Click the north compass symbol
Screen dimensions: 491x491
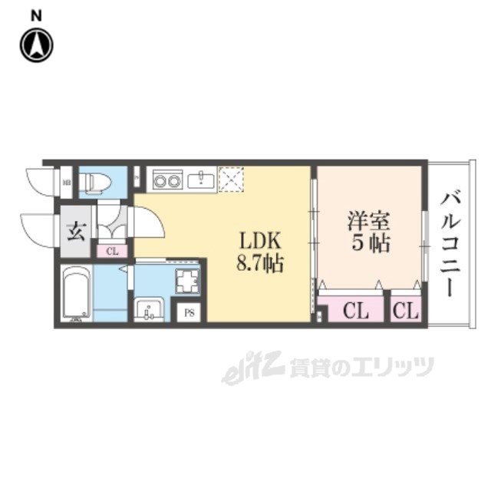coord(35,45)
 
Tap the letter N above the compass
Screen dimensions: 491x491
coord(36,15)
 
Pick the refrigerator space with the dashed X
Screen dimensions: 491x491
coord(229,180)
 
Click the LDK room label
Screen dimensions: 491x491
coord(260,239)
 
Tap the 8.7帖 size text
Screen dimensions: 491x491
coord(260,265)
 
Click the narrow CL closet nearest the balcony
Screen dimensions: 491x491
coord(406,311)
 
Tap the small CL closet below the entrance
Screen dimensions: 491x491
coord(112,250)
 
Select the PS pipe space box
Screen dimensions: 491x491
coord(189,313)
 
